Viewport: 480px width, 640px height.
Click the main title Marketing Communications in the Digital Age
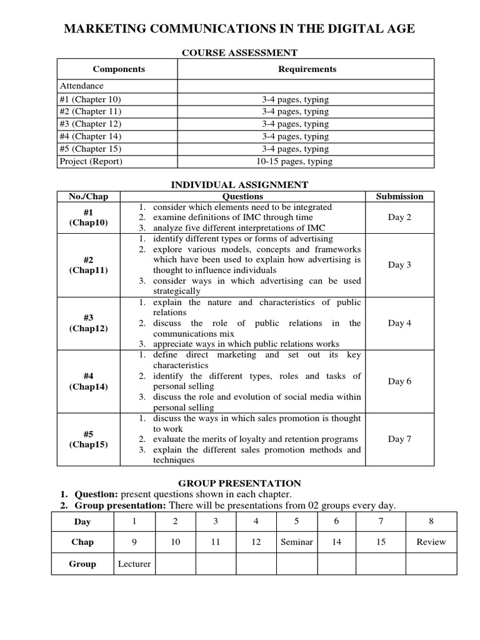(239, 29)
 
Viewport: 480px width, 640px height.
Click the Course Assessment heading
(239, 53)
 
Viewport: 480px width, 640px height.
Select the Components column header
(119, 69)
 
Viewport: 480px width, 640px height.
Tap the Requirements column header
(307, 69)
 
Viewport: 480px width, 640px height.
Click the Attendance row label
(81, 86)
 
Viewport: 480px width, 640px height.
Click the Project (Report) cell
(91, 161)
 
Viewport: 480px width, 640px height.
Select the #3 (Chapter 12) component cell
(91, 124)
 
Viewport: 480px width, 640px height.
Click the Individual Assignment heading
(239, 184)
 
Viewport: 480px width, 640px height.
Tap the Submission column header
(399, 196)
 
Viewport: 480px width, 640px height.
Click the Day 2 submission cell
(399, 217)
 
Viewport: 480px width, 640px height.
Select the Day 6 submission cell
(399, 381)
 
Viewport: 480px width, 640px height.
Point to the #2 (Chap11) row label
(88, 265)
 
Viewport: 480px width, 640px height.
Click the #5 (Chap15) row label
(88, 439)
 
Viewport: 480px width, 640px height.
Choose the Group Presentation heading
(239, 483)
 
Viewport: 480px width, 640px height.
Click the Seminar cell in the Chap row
(297, 542)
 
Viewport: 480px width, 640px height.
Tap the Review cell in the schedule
(431, 542)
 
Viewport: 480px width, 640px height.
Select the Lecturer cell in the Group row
(134, 564)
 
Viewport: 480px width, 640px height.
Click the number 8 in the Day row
(431, 521)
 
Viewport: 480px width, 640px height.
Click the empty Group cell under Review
(431, 564)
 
